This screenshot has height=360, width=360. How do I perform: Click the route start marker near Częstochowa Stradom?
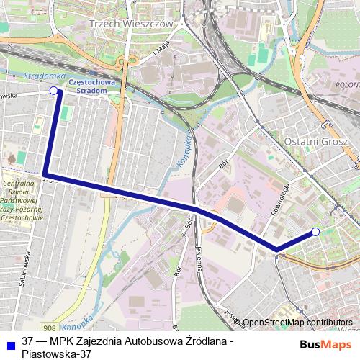tap(53, 91)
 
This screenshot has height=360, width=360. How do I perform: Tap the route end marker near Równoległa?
tap(315, 231)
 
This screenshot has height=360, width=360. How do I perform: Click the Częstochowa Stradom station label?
tap(91, 86)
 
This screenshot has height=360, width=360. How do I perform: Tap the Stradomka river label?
tap(45, 76)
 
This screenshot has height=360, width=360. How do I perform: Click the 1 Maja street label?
tap(160, 53)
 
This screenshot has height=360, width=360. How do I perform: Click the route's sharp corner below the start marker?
tap(45, 174)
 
